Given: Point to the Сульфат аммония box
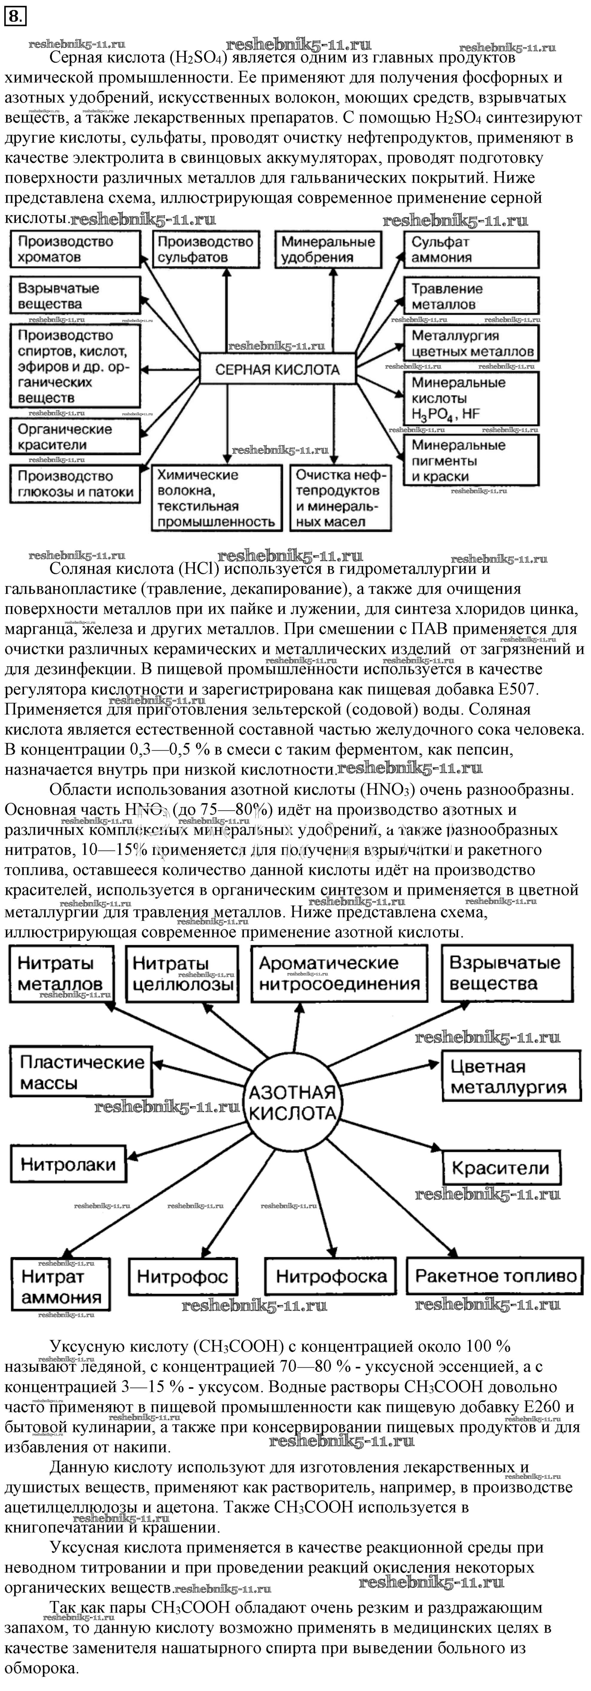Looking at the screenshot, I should tap(471, 249).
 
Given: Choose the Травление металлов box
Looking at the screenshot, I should tap(471, 296).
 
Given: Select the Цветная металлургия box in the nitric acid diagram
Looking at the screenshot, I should tap(511, 1077).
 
